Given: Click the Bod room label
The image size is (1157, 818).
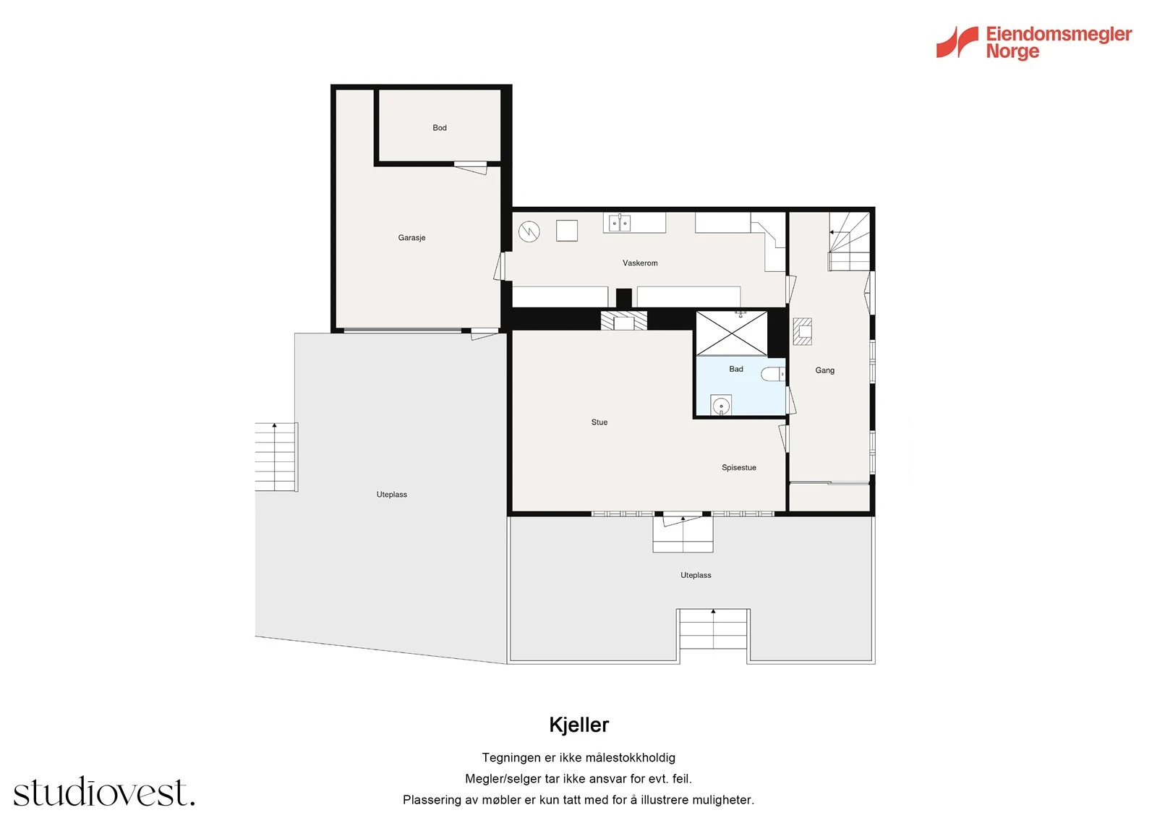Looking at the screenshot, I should pyautogui.click(x=440, y=128).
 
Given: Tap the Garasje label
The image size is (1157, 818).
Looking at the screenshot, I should pyautogui.click(x=411, y=238).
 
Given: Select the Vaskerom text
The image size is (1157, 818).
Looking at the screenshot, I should pyautogui.click(x=640, y=263).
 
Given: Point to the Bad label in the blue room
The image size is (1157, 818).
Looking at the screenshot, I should pyautogui.click(x=736, y=370).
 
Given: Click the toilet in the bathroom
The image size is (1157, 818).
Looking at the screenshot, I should pyautogui.click(x=773, y=374).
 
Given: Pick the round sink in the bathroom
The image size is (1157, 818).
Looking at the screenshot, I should pyautogui.click(x=721, y=406).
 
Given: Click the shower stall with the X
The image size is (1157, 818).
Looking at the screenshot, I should pyautogui.click(x=732, y=333).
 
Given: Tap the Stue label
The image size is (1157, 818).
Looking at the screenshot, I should pyautogui.click(x=599, y=422).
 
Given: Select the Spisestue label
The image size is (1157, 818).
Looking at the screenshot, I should pyautogui.click(x=738, y=468).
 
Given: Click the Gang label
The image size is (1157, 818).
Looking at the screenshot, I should pyautogui.click(x=824, y=370).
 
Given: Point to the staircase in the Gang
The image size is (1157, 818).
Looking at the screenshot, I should pyautogui.click(x=849, y=241).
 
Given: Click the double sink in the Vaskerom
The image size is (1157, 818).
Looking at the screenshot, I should pyautogui.click(x=620, y=223).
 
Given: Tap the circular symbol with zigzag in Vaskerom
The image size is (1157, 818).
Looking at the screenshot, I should pyautogui.click(x=529, y=231).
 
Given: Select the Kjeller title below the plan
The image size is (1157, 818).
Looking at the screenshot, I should pyautogui.click(x=578, y=725).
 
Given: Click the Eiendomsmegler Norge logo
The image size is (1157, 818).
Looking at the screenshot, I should pyautogui.click(x=1034, y=42).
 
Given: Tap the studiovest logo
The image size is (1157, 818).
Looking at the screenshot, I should pyautogui.click(x=104, y=793).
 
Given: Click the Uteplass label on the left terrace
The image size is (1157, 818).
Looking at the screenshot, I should pyautogui.click(x=392, y=495).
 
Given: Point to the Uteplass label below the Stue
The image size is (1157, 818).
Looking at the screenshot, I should pyautogui.click(x=696, y=576).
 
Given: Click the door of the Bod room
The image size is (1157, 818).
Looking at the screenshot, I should pyautogui.click(x=471, y=167).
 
